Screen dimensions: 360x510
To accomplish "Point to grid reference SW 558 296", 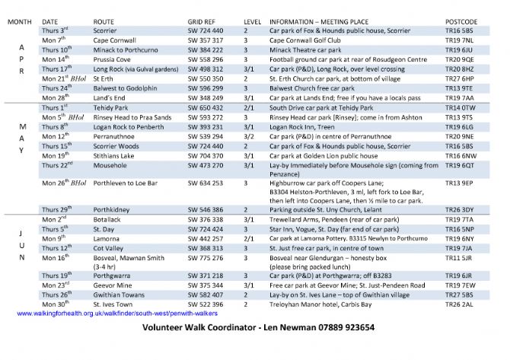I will pos(205,58).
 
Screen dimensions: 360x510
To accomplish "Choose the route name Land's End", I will pos(109,98).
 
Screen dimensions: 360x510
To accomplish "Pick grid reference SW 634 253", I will pos(205,183).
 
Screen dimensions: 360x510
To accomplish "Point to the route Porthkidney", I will pos(112,209).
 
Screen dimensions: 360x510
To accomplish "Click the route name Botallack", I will pos(108,218).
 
